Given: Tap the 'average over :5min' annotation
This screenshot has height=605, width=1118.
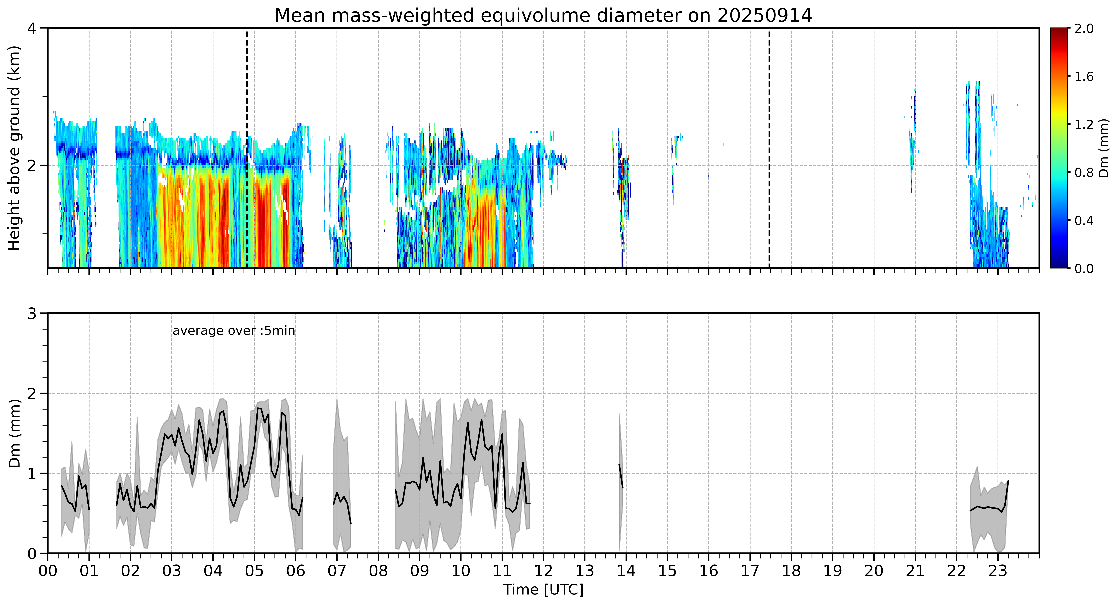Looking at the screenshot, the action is (233, 331).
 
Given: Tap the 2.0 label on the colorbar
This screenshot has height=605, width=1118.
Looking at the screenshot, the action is (1083, 29).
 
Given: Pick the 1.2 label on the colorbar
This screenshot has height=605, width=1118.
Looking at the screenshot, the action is (1083, 124).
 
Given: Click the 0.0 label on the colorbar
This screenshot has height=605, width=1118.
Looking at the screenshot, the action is (1083, 269).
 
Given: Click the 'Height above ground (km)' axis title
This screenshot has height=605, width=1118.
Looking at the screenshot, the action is (14, 148).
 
